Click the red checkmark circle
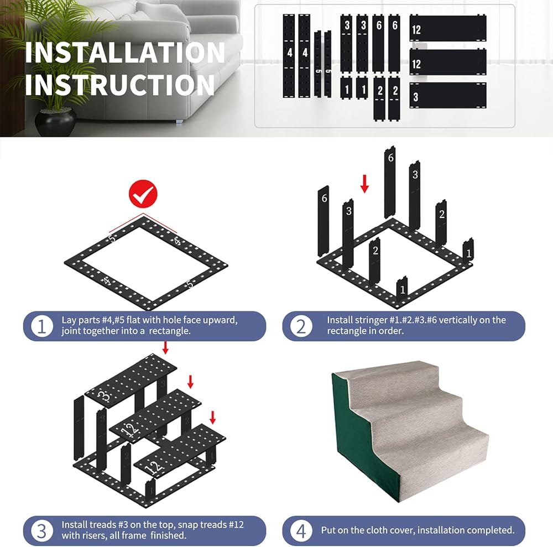(143, 194)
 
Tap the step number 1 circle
(41, 326)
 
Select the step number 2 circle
(301, 326)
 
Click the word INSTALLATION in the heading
(125, 53)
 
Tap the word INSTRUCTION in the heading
(119, 85)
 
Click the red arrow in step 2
(364, 184)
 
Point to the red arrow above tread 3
(165, 348)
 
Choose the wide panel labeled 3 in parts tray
(448, 96)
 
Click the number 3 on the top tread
(105, 397)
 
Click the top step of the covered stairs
(384, 374)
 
